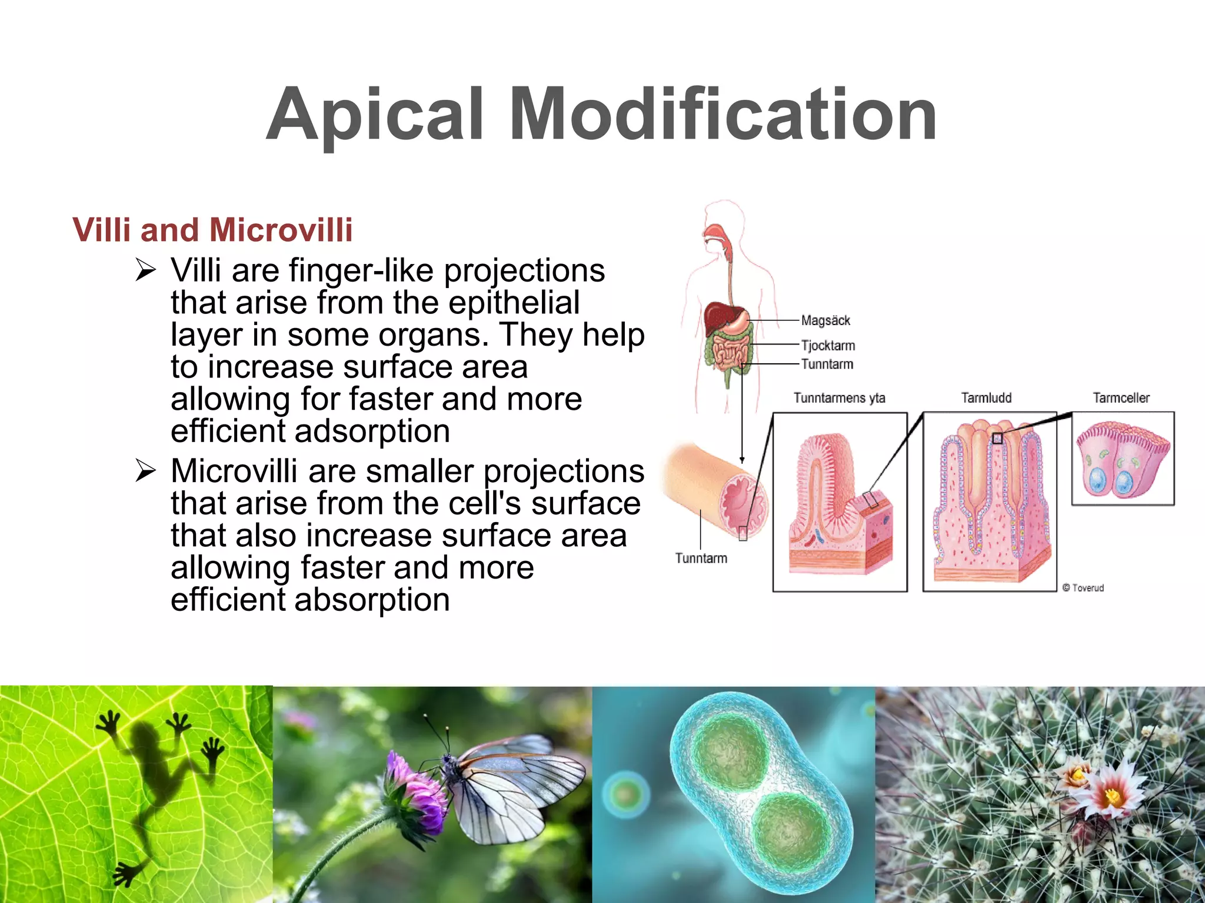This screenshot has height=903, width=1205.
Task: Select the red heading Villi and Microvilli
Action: click(x=212, y=229)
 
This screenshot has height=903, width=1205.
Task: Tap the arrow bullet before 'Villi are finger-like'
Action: click(x=145, y=270)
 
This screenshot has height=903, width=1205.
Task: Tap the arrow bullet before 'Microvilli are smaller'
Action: click(x=145, y=471)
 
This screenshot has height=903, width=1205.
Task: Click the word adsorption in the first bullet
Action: click(x=372, y=432)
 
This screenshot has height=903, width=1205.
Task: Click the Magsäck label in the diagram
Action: click(x=825, y=320)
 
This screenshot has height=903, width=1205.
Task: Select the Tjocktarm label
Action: click(x=828, y=346)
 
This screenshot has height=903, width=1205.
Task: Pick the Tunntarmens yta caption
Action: click(x=839, y=398)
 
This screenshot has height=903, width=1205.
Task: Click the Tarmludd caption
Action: click(x=986, y=398)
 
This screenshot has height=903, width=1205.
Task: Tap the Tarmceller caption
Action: click(x=1121, y=398)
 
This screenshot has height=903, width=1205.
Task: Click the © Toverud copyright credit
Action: click(x=1083, y=588)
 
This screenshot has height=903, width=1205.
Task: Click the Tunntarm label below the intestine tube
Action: click(x=701, y=558)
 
